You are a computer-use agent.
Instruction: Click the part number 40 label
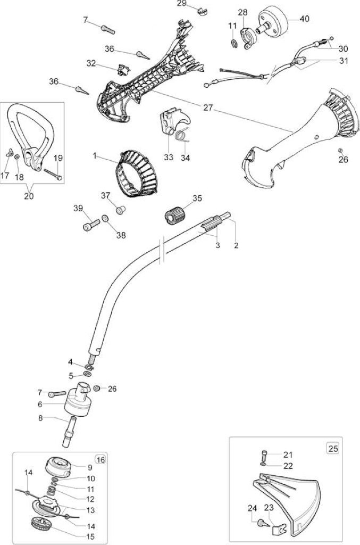(304, 19)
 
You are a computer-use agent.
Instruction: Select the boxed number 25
(333, 448)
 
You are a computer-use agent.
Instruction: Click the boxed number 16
(101, 460)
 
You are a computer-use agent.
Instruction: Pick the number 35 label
(197, 199)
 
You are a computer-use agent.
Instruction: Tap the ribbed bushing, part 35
(174, 214)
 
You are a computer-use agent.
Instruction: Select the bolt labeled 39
(91, 224)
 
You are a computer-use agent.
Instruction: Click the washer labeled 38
(105, 219)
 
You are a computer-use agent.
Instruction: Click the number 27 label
(207, 108)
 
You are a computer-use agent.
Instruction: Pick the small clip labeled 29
(203, 11)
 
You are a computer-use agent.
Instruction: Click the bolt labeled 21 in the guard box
(264, 456)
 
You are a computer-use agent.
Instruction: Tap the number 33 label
(169, 158)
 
